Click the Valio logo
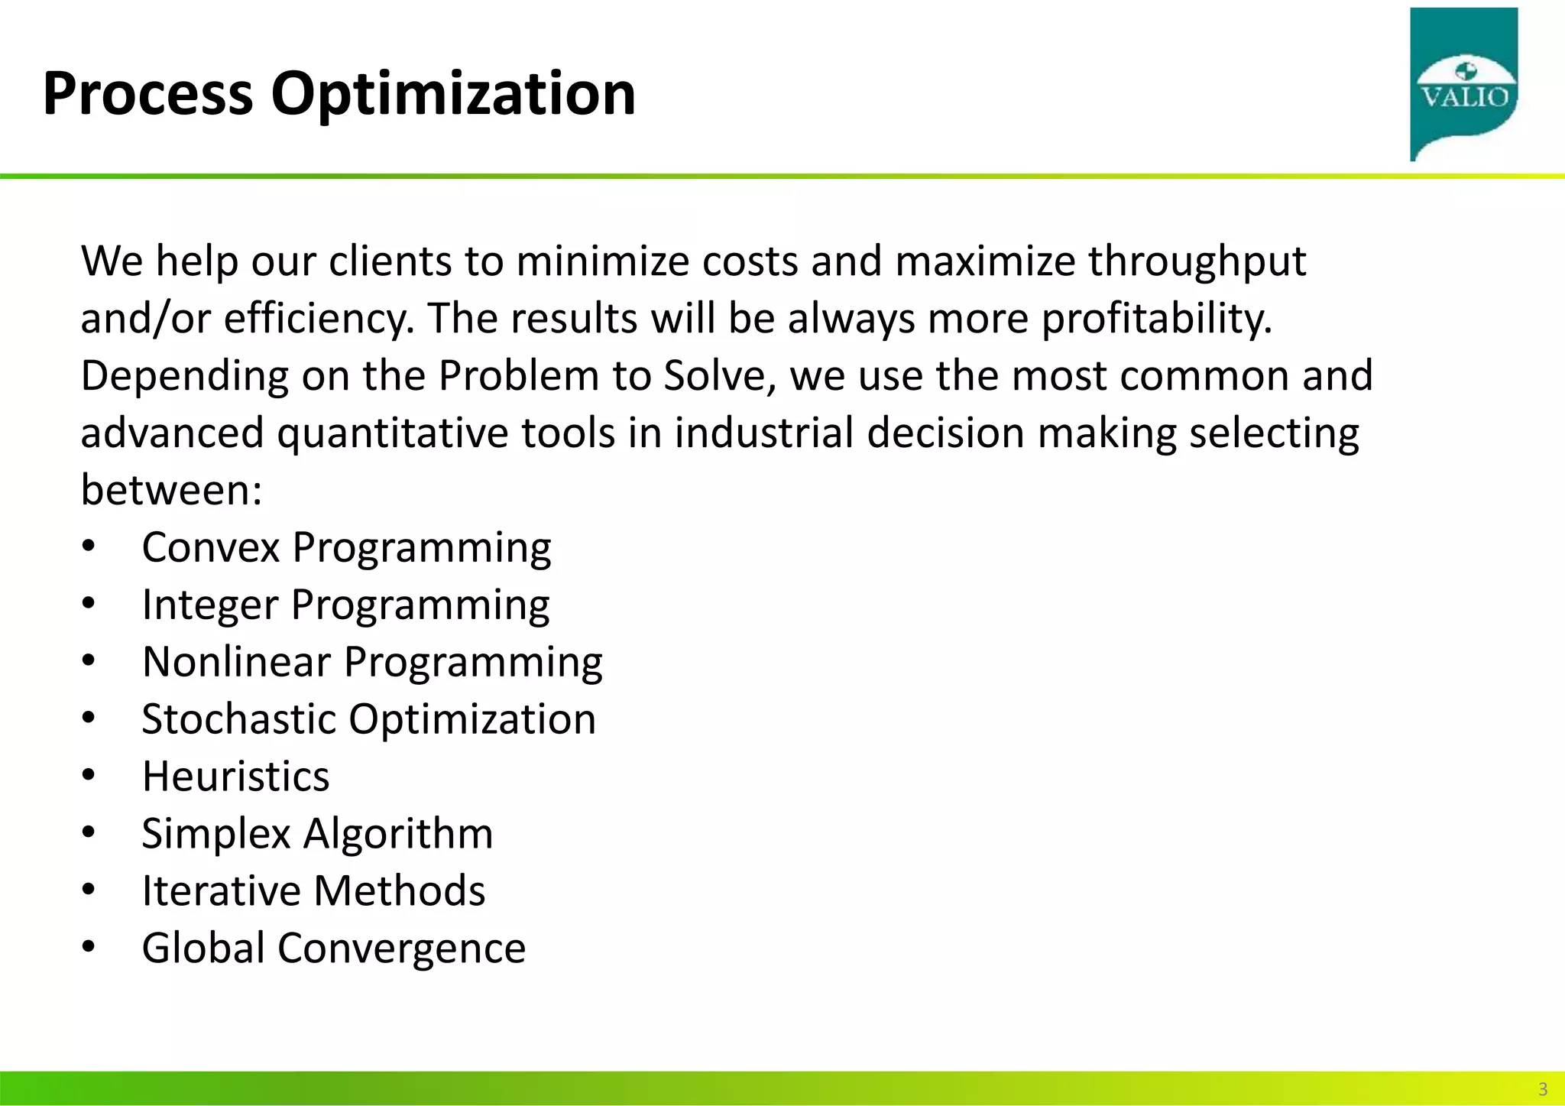(1463, 84)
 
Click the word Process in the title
(147, 94)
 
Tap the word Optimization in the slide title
(453, 94)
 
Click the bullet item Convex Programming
(346, 548)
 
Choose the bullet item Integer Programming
(345, 605)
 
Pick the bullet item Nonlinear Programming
(372, 662)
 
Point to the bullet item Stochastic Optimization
(368, 719)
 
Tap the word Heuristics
(235, 777)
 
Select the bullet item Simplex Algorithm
(317, 833)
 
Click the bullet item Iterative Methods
(313, 891)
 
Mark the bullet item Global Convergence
(334, 949)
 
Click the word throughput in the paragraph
(1197, 262)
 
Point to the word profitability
(1157, 319)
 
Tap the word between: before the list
(171, 490)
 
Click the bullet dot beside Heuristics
(89, 777)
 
